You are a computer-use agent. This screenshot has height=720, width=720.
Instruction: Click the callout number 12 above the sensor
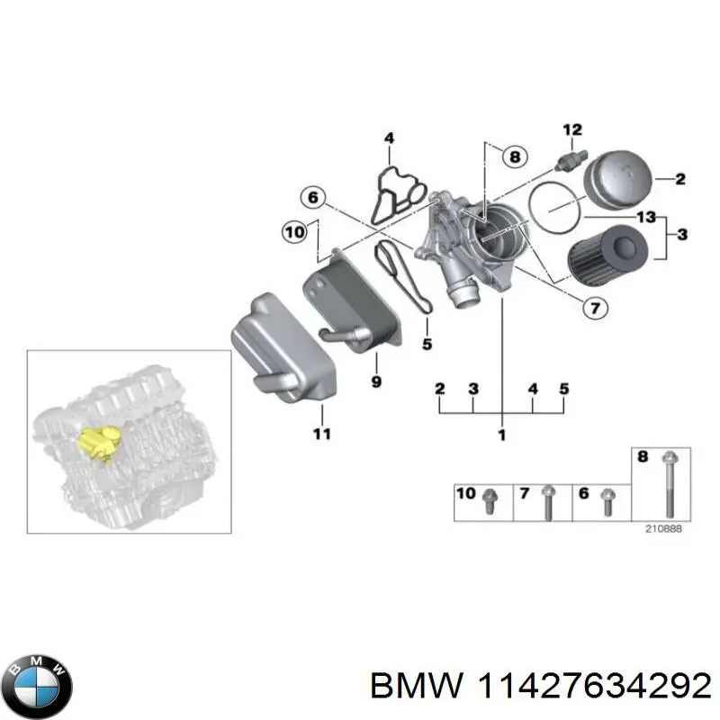click(x=572, y=130)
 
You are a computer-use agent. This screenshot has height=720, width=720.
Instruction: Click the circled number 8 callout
click(x=514, y=157)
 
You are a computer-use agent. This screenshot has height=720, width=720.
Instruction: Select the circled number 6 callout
click(x=312, y=197)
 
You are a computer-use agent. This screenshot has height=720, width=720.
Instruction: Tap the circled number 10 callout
click(x=294, y=232)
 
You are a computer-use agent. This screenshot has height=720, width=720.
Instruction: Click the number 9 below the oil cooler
click(x=376, y=382)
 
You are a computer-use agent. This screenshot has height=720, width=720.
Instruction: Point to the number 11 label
click(x=322, y=434)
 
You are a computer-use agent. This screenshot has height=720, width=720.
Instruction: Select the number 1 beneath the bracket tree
click(x=501, y=436)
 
